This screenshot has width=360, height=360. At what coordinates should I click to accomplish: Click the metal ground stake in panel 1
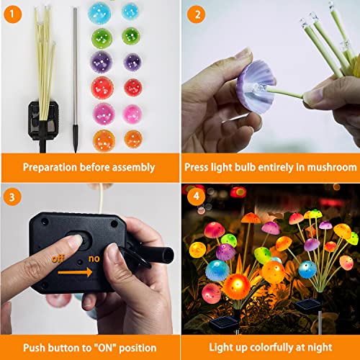click(x=75, y=72)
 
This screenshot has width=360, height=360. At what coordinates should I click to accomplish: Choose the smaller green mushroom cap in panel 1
click(x=130, y=35)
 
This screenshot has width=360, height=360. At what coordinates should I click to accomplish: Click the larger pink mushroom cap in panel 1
click(x=102, y=113)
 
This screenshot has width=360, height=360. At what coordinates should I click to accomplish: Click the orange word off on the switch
click(x=59, y=256)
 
